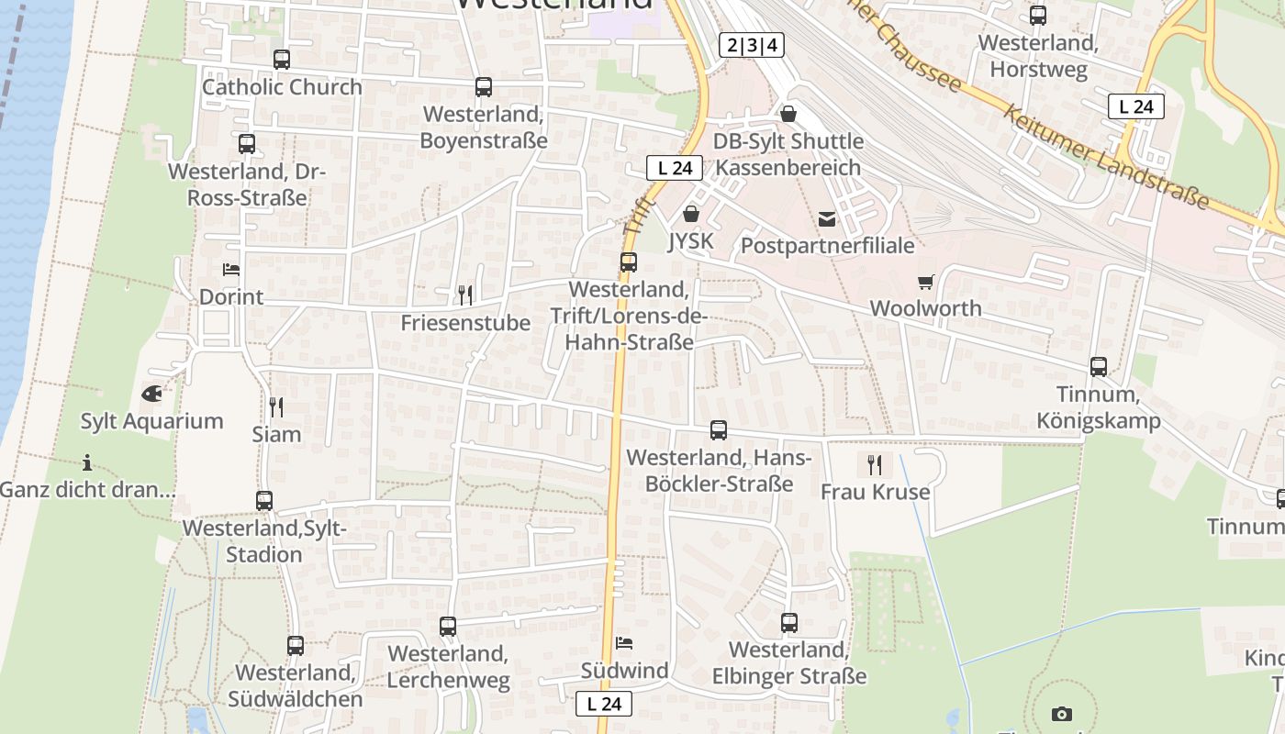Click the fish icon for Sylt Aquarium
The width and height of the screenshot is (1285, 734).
coord(151,394)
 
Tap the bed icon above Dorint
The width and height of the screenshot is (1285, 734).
coord(231,270)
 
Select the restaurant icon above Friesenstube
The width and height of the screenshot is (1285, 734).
coord(465,295)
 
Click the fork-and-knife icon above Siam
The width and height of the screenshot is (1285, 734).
coord(276,406)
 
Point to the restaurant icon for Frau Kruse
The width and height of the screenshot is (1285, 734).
coord(875,464)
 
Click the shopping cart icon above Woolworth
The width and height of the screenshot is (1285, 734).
coord(925,282)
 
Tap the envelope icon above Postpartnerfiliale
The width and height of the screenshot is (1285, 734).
coord(827,218)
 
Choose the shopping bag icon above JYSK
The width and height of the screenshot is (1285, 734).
coord(690,214)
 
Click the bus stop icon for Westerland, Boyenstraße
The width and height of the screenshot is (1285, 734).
coord(484,87)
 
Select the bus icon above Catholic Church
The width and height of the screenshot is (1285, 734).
coord(282,60)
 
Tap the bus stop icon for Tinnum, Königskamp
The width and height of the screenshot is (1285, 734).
coord(1099,367)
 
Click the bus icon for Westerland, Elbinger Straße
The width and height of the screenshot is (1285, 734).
coord(789,623)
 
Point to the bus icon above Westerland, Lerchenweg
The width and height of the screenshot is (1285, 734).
coord(448,627)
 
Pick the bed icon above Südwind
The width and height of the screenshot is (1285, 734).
coord(624,642)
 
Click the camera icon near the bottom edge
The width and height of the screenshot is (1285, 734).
coord(1062,714)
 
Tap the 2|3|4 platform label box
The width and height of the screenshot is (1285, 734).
coord(752,45)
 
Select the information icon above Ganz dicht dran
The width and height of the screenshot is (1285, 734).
coord(87,462)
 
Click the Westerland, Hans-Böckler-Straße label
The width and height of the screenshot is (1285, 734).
coord(719,470)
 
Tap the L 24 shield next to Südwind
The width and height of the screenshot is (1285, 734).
coord(604,704)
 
